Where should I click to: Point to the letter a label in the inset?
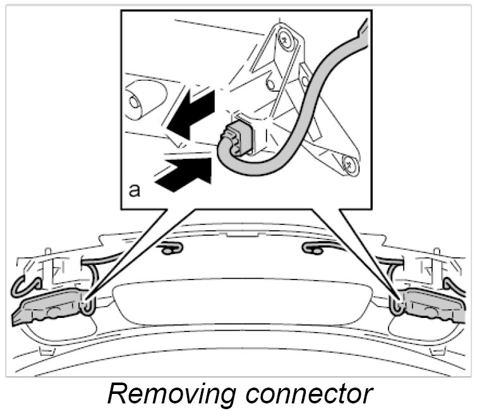click(x=135, y=190)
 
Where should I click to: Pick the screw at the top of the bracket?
click(x=286, y=40)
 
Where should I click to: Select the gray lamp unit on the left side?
click(x=47, y=309)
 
